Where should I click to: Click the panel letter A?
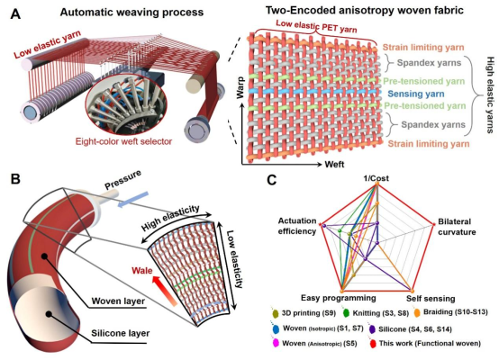click(15, 14)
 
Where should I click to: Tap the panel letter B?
click(15, 179)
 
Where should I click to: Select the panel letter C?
click(272, 180)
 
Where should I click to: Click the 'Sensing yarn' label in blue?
click(416, 94)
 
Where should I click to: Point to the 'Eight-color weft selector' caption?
click(123, 141)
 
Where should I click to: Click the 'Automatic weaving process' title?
click(132, 12)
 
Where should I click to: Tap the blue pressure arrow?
click(132, 200)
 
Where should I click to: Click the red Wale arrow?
click(164, 291)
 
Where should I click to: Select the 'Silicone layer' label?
click(121, 333)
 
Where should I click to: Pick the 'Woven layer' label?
click(118, 301)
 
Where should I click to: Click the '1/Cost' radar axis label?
click(377, 178)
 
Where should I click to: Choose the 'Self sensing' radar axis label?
click(431, 299)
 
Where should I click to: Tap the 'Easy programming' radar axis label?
click(339, 298)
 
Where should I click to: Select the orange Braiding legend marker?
click(417, 312)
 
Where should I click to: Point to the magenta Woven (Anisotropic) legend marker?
click(276, 343)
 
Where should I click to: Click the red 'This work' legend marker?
click(373, 344)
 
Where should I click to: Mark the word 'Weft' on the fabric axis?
click(334, 164)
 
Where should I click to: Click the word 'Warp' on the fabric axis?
click(240, 87)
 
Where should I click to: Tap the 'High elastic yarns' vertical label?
click(490, 94)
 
